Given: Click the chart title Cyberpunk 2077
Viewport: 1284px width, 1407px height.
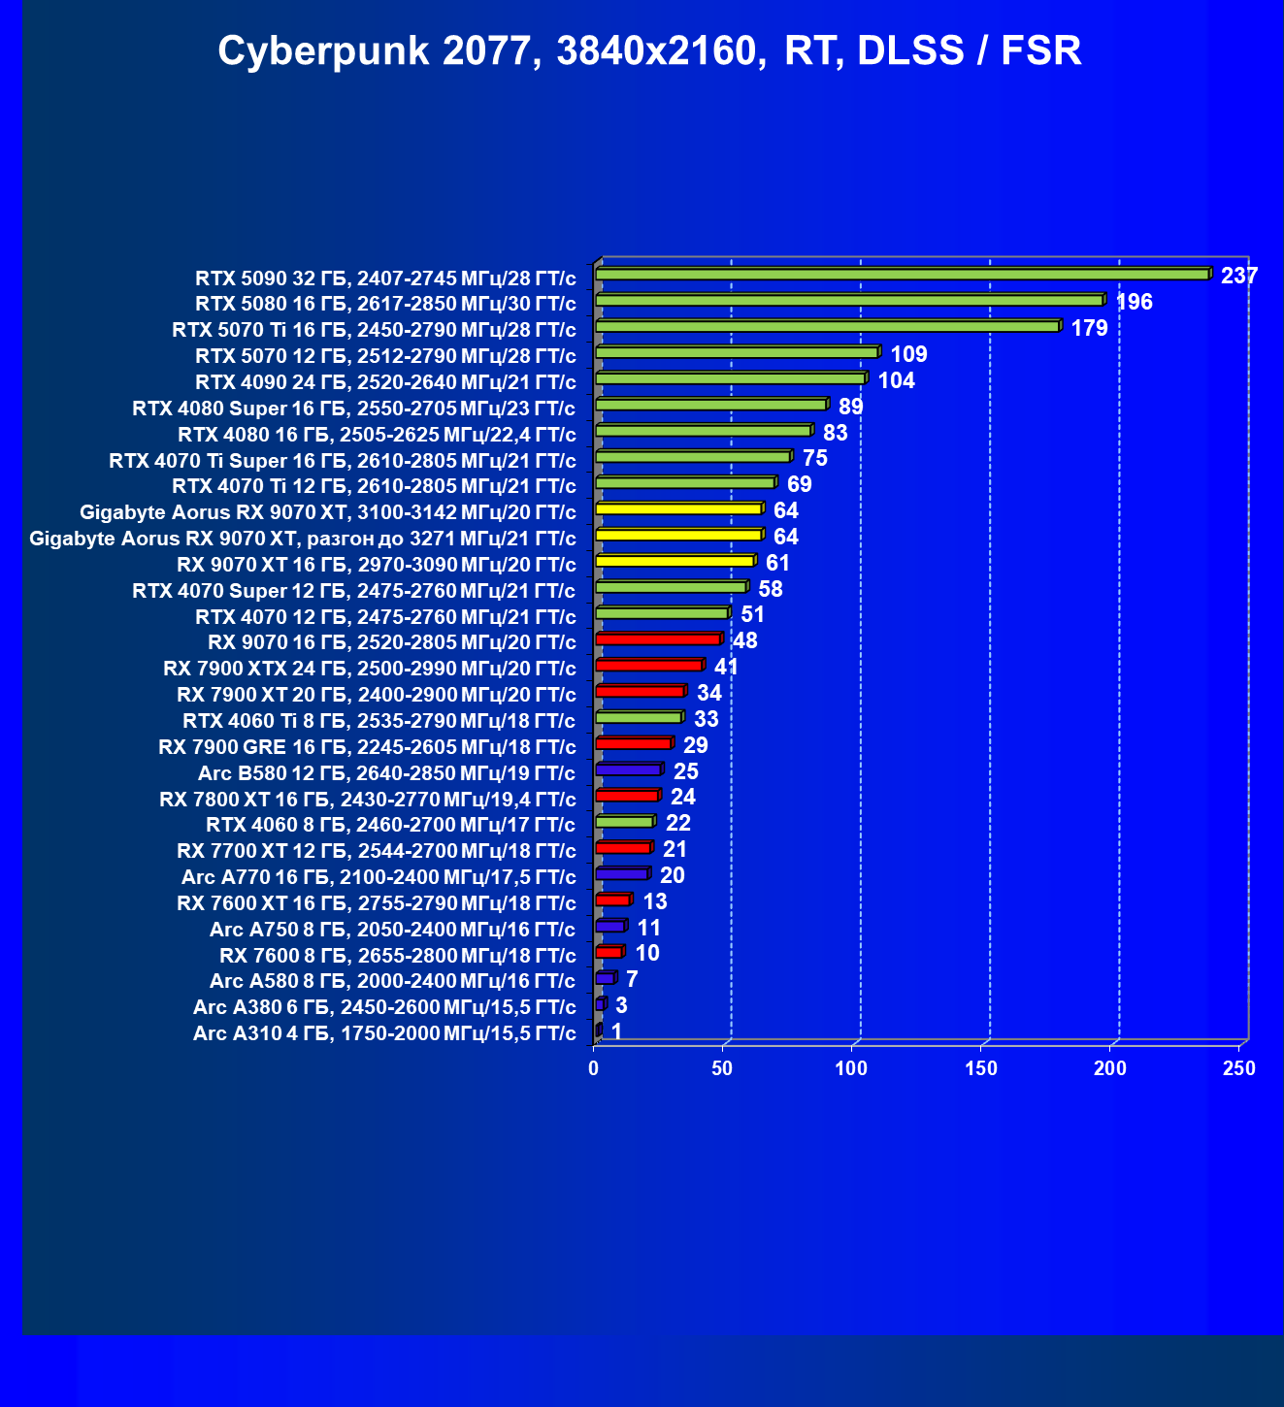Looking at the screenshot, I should click(x=648, y=50).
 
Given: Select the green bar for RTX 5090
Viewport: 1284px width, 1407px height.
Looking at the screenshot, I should click(x=903, y=275).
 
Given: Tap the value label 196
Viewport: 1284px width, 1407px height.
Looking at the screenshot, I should click(x=1134, y=302).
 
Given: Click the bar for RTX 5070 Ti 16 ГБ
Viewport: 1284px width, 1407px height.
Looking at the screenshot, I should click(x=827, y=327).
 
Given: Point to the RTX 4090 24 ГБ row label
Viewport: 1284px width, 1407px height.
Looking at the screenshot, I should click(x=385, y=382).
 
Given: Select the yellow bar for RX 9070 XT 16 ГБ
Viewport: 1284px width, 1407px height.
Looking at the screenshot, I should click(x=675, y=561).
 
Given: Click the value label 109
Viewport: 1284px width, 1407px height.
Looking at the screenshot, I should click(x=908, y=354).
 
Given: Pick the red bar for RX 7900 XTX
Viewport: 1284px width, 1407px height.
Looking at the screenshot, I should click(x=648, y=666).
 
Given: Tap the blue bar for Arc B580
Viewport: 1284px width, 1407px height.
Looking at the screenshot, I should click(x=628, y=769).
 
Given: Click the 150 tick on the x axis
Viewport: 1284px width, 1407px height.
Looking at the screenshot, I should click(x=981, y=1068).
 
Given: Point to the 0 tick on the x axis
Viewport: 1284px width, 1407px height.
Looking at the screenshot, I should click(x=594, y=1068).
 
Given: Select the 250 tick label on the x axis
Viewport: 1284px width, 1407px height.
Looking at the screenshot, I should click(x=1238, y=1068).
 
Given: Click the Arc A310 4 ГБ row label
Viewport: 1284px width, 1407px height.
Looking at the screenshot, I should click(x=384, y=1033).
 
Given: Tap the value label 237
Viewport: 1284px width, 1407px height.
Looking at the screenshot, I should click(x=1238, y=276).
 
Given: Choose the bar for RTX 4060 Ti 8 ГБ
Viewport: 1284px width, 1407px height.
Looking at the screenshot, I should click(x=639, y=718).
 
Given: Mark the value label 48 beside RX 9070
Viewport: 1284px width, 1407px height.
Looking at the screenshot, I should click(x=744, y=640).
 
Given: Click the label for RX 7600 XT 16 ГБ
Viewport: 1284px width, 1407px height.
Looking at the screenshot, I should click(x=377, y=903).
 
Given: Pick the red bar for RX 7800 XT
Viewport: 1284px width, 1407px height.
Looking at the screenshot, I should click(x=627, y=796).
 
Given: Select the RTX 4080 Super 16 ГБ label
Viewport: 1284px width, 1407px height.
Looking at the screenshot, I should click(x=354, y=409).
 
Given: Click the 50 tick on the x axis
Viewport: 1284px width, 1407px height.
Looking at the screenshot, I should click(x=722, y=1068).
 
